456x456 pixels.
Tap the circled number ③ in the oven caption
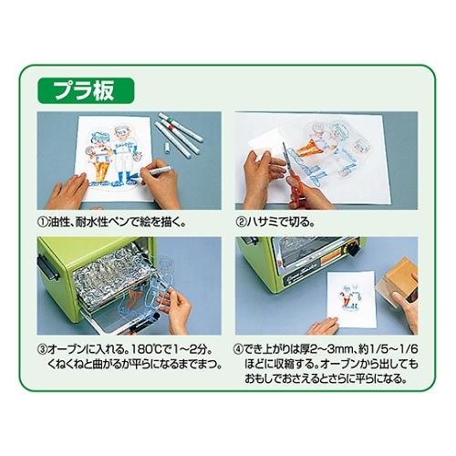(x=43, y=347)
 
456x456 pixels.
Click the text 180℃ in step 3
(x=138, y=347)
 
